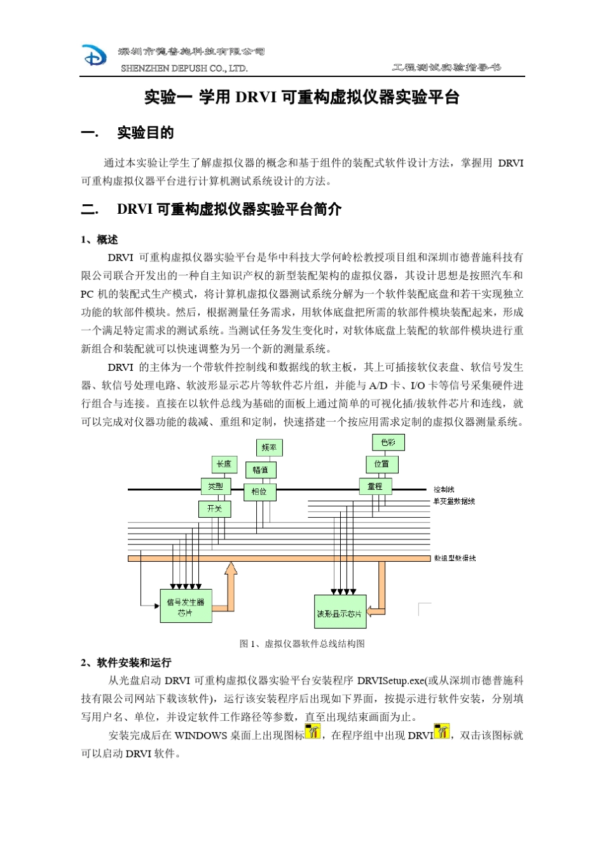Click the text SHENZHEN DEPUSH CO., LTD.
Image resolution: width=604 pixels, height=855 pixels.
[184, 68]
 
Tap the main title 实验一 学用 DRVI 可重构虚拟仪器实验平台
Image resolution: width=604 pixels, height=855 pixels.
[301, 97]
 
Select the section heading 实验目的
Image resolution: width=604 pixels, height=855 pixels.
[145, 133]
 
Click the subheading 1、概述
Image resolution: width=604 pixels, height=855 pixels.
[100, 240]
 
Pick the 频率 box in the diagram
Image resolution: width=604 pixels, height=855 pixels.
[269, 448]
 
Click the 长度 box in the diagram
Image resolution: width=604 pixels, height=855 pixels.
[224, 464]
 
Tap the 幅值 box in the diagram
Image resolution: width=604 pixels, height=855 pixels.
[261, 470]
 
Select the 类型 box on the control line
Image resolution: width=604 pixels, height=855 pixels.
[216, 487]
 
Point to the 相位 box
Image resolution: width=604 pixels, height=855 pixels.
[259, 492]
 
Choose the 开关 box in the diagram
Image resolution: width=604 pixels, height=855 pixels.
[214, 509]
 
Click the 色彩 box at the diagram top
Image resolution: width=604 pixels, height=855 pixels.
[388, 442]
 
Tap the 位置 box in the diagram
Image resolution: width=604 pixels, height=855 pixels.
[381, 464]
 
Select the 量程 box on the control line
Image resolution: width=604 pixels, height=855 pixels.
[375, 487]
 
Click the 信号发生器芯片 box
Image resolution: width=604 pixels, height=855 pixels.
[186, 607]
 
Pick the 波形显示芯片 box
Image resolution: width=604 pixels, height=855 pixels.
[340, 613]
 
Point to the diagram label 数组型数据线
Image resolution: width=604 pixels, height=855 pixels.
[455, 559]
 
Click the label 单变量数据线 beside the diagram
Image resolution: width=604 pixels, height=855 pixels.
[454, 501]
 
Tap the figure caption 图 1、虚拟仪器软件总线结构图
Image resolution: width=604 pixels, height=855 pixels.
[302, 644]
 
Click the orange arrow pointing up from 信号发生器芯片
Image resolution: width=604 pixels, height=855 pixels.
[230, 582]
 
